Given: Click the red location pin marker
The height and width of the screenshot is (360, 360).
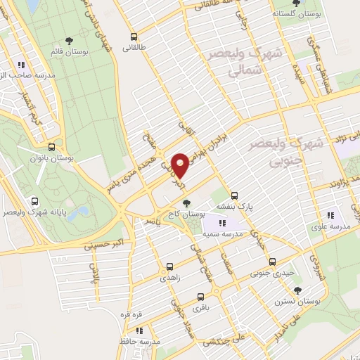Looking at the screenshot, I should tap(180, 165).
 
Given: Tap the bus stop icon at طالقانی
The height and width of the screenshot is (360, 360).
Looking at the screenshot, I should tap(133, 37).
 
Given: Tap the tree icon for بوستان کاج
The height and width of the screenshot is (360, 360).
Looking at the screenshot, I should tap(186, 202).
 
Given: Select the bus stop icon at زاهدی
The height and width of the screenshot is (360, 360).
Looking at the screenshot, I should tap(169, 266).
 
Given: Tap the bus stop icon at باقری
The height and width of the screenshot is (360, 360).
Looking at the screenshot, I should tap(200, 296).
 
